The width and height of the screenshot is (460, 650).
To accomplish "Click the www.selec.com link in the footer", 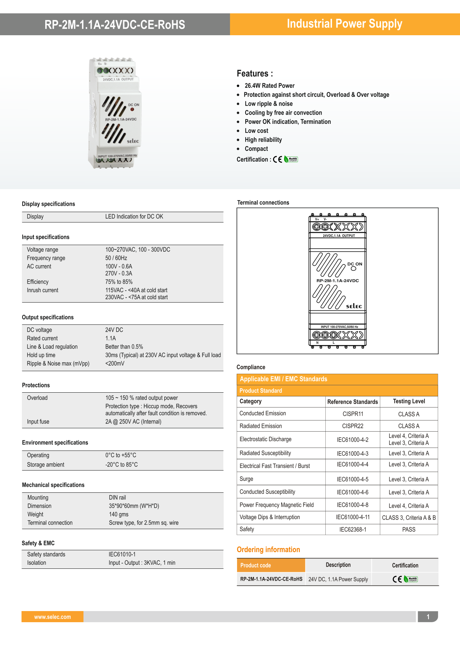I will pyautogui.click(x=52, y=617).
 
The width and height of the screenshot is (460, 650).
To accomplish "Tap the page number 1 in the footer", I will pyautogui.click(x=428, y=617).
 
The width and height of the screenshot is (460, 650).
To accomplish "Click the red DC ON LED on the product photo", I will pyautogui.click(x=132, y=109).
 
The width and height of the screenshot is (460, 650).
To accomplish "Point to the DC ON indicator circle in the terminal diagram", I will pyautogui.click(x=354, y=269).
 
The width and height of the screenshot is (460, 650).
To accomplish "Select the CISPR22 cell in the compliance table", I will pyautogui.click(x=352, y=426).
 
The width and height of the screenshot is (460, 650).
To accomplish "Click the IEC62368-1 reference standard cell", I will pyautogui.click(x=352, y=529).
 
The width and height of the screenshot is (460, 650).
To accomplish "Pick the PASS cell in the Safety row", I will pyautogui.click(x=409, y=529).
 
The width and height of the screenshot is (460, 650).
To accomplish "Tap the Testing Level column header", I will pyautogui.click(x=409, y=401).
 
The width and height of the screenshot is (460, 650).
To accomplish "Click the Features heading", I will pyautogui.click(x=254, y=73).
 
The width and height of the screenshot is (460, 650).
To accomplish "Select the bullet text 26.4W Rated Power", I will pyautogui.click(x=269, y=86).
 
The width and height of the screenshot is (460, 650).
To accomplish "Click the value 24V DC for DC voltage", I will pyautogui.click(x=114, y=330).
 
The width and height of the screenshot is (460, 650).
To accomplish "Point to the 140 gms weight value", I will pyautogui.click(x=119, y=514).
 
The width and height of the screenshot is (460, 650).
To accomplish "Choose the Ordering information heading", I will pyautogui.click(x=268, y=550).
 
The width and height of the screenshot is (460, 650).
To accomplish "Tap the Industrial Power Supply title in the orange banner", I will pyautogui.click(x=344, y=24).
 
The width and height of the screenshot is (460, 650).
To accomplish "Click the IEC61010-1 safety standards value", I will pyautogui.click(x=122, y=554).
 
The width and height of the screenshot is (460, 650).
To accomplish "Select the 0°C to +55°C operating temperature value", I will pyautogui.click(x=121, y=455).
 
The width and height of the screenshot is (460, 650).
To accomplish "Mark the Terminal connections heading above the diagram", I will pyautogui.click(x=263, y=203).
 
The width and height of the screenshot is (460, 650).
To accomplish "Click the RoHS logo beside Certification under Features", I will pyautogui.click(x=291, y=159).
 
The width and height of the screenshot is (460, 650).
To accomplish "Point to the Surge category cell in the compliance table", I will pyautogui.click(x=246, y=479).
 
